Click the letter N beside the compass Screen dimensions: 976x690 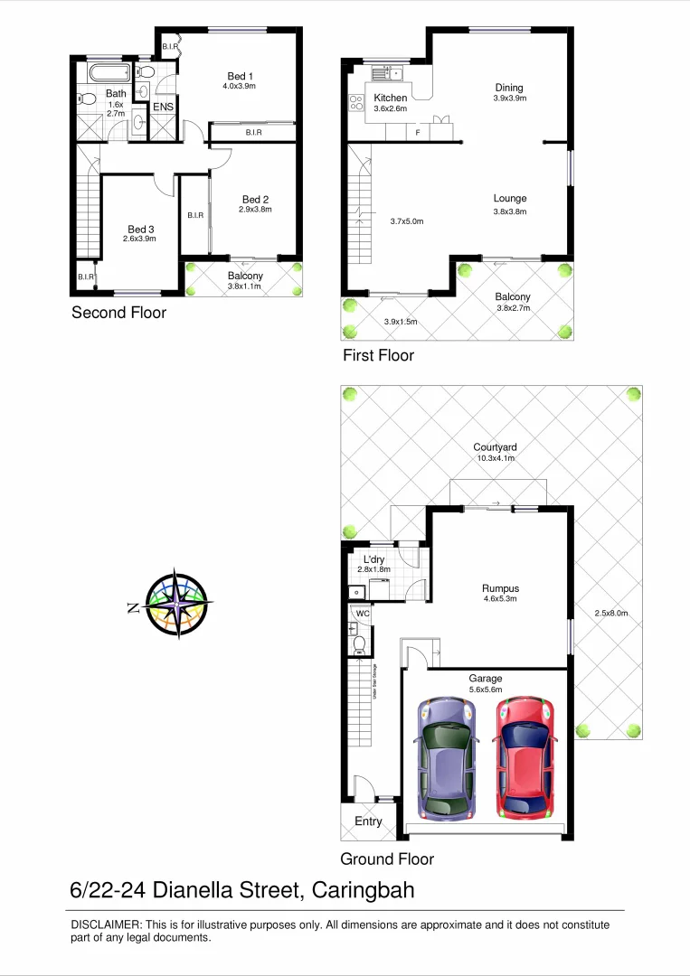(x=133, y=608)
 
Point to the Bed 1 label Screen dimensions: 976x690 (x=239, y=76)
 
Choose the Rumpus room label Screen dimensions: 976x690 (x=500, y=588)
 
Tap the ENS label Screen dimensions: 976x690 (x=163, y=108)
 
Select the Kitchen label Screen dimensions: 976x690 (x=391, y=98)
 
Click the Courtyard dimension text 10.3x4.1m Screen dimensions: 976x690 (x=495, y=458)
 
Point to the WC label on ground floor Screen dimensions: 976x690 (x=364, y=614)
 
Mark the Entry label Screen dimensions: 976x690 (x=368, y=821)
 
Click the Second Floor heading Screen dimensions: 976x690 (x=118, y=313)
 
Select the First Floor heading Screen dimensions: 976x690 (x=378, y=355)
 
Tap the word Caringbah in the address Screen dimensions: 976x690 (x=363, y=890)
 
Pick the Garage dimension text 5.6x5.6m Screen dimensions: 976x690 (x=486, y=690)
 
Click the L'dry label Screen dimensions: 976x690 (x=373, y=559)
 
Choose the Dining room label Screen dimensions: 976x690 (x=510, y=87)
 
